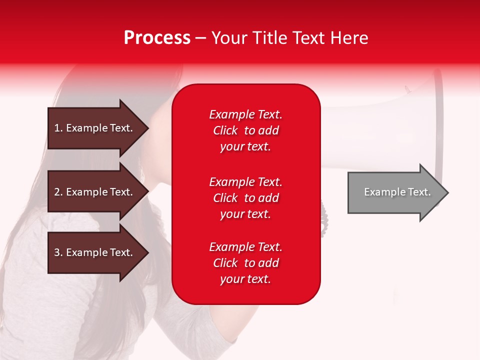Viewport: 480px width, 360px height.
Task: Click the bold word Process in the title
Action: coord(157,38)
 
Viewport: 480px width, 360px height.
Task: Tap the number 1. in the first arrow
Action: coord(58,128)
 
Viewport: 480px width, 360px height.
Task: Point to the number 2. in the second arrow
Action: coord(58,192)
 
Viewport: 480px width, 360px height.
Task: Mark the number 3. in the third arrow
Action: coord(58,252)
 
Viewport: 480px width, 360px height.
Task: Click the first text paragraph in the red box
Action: coord(245,130)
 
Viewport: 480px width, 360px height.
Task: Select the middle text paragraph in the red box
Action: coord(245,198)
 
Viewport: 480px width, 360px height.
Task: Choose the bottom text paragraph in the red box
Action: coord(245,263)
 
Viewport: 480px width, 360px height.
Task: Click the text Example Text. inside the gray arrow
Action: coord(397,192)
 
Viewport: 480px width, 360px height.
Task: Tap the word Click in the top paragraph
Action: coord(225,130)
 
